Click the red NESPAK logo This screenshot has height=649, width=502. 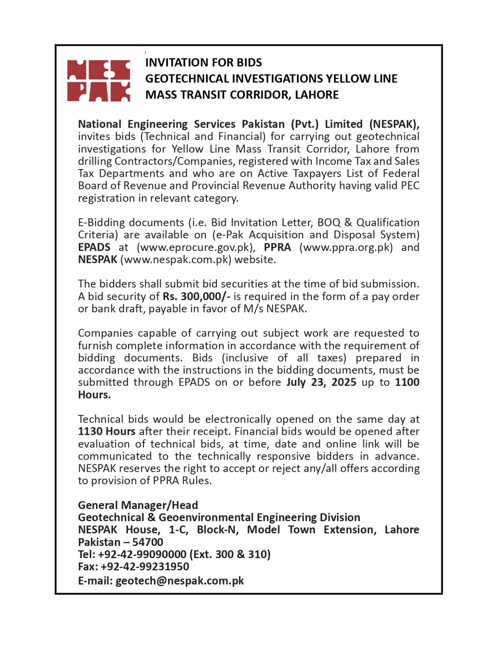pos(98,81)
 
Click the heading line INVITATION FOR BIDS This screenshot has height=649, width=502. pos(203,62)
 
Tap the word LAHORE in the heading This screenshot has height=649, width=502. pos(317,95)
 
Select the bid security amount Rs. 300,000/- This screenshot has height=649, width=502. pos(197,297)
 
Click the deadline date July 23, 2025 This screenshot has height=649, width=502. pos(321,383)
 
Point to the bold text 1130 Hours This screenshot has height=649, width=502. pos(106,432)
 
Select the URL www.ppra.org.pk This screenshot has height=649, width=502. pos(346,247)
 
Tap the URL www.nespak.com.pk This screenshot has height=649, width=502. pos(175,260)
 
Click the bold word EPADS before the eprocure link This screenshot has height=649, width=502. pos(94,247)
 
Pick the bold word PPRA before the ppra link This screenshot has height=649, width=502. pos(277,247)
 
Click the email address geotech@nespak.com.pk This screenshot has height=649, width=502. pos(180,581)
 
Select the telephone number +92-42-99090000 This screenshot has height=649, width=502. pos(142,554)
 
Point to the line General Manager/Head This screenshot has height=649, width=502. pos(138,505)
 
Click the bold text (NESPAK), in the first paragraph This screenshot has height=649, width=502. pos(394,124)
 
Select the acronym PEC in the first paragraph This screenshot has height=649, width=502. pos(410,186)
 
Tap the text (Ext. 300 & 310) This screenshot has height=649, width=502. pos(230,554)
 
